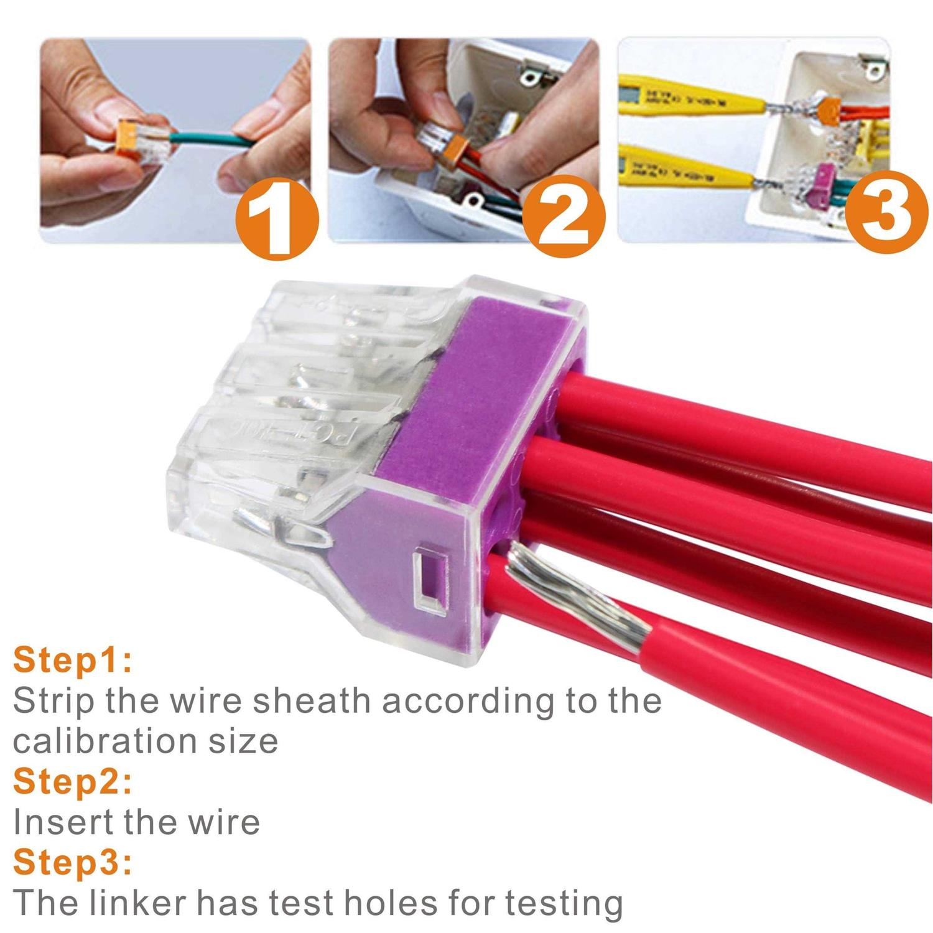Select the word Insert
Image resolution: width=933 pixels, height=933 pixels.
pos(62,822)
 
